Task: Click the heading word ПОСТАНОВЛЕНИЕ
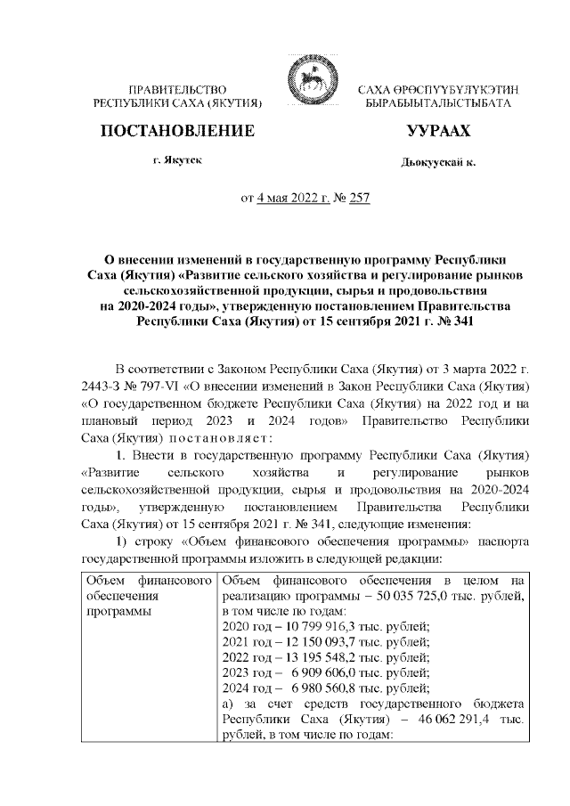pyautogui.click(x=178, y=132)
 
